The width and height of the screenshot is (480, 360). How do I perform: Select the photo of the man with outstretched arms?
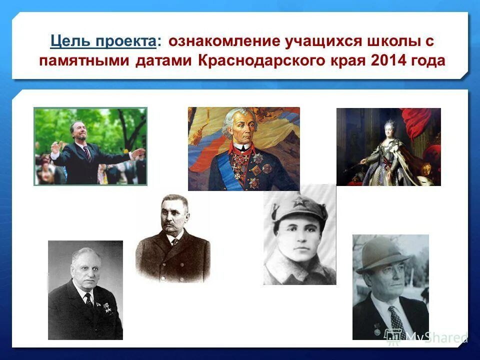(90, 146)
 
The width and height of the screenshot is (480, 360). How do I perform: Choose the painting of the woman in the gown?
(388, 147)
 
